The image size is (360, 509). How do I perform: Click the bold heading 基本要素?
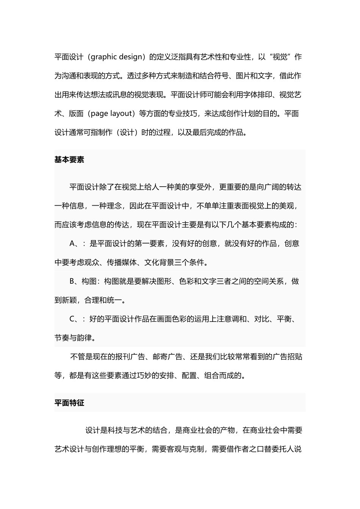click(x=69, y=160)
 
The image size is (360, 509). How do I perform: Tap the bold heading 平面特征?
click(x=69, y=403)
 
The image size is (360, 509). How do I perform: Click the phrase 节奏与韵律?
click(x=73, y=338)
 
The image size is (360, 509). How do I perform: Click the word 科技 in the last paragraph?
click(x=115, y=431)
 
